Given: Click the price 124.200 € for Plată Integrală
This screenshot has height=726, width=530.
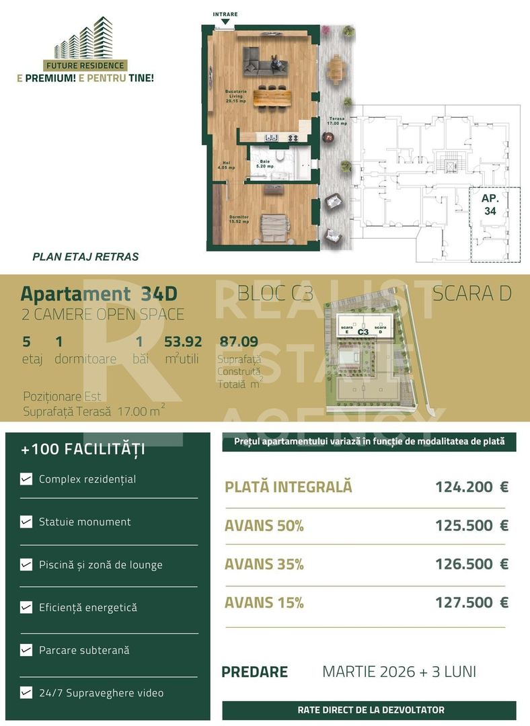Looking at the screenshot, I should click(x=471, y=487).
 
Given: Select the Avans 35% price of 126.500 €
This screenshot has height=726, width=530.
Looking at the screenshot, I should click(x=471, y=565).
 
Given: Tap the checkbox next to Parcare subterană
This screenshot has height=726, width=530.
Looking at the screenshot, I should click(x=26, y=650).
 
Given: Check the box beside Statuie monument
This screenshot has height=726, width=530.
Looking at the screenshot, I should click(x=26, y=522).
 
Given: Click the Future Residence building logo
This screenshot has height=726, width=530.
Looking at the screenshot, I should click(x=85, y=39).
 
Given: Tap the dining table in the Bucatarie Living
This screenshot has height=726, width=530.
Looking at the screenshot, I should click(x=272, y=97).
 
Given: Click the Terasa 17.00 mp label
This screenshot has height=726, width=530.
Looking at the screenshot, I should click(x=336, y=121).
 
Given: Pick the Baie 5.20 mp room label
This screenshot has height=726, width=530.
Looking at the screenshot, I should click(x=263, y=164).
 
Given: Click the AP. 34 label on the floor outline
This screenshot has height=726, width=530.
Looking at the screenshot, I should click(x=490, y=204).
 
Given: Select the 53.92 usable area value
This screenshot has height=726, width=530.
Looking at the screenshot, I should click(x=184, y=342).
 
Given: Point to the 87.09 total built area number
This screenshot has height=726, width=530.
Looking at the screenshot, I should click(x=239, y=342).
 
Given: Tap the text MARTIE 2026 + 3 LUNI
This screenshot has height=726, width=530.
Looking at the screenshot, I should click(x=399, y=672).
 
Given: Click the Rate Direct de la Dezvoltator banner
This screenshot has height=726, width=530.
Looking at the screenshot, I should click(x=371, y=710).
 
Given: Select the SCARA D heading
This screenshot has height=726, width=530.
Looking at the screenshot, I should click(x=471, y=294).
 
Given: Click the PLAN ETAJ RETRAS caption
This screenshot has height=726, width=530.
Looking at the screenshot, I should click(x=85, y=257).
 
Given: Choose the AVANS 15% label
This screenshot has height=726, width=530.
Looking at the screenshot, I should click(x=264, y=603).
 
